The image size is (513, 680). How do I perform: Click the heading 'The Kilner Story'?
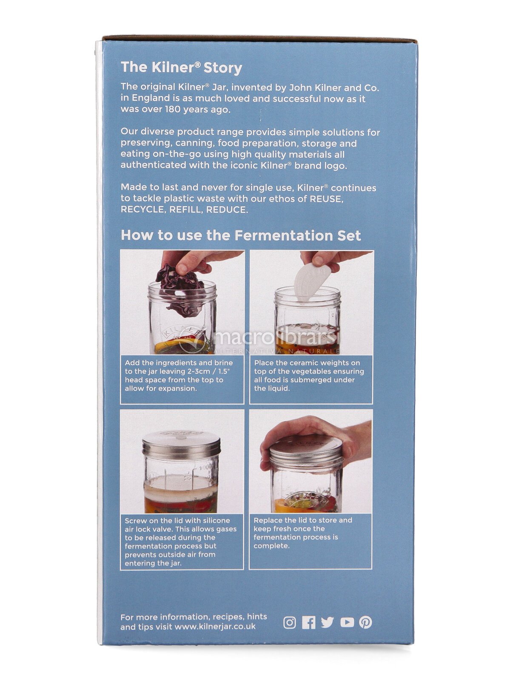pos(181,68)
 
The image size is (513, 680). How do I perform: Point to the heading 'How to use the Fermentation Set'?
pos(241,235)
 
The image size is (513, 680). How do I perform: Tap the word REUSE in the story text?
pos(326,198)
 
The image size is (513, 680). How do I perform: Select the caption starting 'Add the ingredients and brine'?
pos(179,375)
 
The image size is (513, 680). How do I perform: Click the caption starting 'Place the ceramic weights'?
pos(309,375)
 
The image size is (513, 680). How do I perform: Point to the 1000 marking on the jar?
pos(205,467)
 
